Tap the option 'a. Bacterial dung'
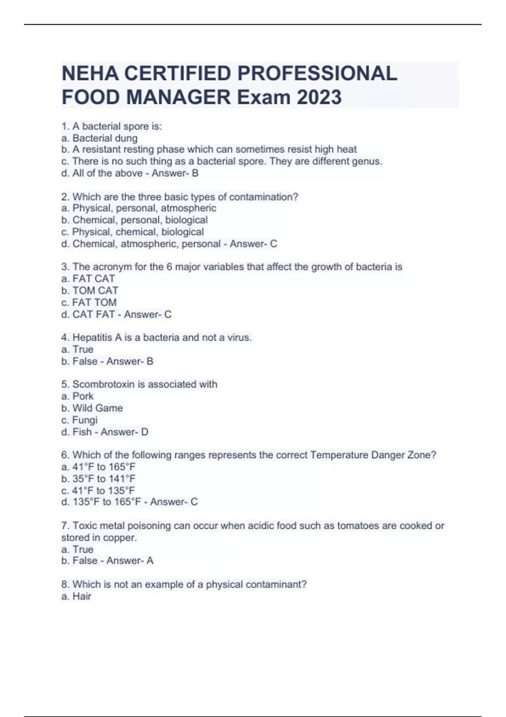100,138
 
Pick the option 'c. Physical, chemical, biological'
132,232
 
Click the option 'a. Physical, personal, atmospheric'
139,208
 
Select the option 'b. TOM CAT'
90,291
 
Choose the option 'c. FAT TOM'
89,302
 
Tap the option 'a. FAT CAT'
88,279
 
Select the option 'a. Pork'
78,396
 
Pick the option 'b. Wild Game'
92,408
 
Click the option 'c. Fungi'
79,420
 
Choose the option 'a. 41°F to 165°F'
98,467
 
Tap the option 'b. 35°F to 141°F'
98,479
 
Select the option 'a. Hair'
76,596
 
